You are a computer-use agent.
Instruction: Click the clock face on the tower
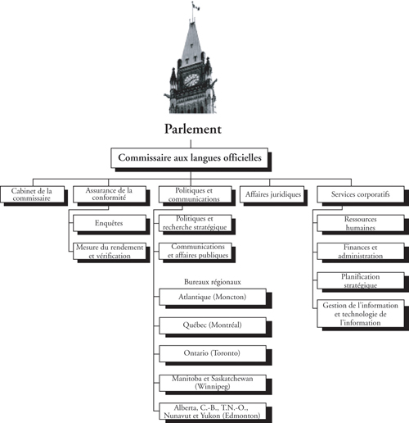point(191,80)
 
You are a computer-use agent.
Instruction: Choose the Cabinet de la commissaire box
point(31,194)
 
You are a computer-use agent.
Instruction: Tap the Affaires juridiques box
point(272,194)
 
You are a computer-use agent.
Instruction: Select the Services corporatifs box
point(360,194)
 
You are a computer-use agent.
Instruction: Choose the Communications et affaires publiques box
point(200,251)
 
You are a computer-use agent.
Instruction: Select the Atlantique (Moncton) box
point(212,296)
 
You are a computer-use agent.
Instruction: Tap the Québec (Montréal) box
point(212,325)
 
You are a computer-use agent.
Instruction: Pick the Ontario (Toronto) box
point(212,353)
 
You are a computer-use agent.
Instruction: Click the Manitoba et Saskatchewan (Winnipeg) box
point(212,382)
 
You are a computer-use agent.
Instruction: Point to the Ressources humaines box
point(360,222)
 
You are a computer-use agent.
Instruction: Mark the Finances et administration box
point(360,250)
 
